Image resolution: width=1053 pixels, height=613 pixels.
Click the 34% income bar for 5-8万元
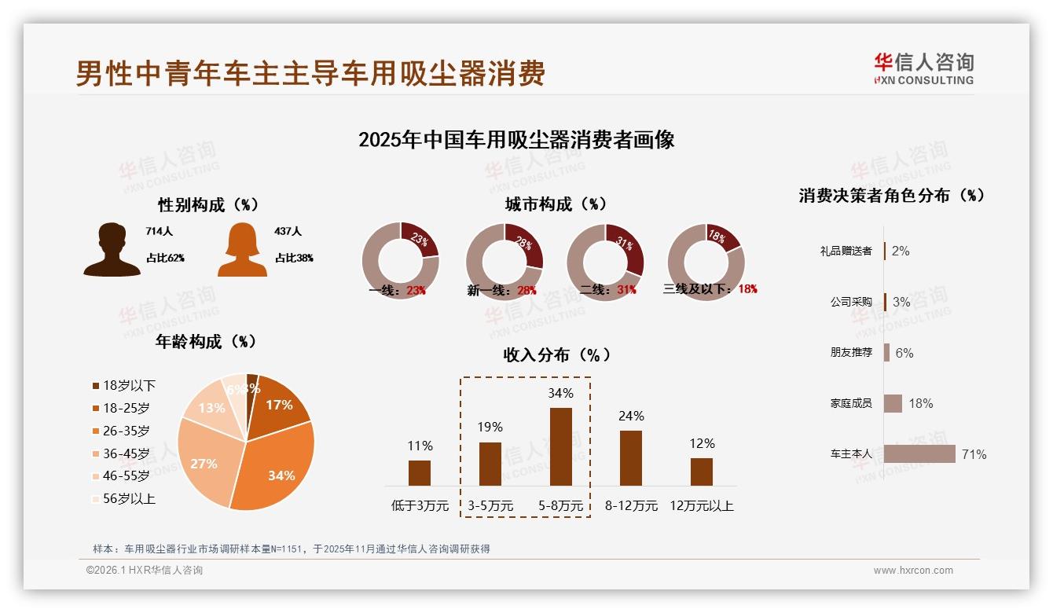[x=560, y=446]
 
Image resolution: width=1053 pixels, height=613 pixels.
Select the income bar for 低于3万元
[x=420, y=473]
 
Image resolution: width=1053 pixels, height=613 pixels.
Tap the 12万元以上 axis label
[x=701, y=506]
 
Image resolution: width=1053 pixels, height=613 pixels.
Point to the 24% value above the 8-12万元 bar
[x=631, y=416]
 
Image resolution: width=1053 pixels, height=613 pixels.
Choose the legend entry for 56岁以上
[x=124, y=498]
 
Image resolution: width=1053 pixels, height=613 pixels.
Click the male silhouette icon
[x=112, y=250]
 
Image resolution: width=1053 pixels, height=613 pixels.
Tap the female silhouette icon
[x=242, y=250]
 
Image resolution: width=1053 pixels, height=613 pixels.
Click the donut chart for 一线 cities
[x=401, y=261]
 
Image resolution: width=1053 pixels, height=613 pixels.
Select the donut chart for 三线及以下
[x=705, y=261]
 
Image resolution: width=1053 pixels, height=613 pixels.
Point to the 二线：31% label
[x=607, y=289]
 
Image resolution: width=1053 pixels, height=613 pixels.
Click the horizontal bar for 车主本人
[x=919, y=454]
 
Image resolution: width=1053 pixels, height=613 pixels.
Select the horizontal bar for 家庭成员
[x=893, y=403]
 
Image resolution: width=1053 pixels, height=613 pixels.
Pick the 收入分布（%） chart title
[x=556, y=354]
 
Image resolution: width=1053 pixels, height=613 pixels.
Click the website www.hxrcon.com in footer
[x=913, y=571]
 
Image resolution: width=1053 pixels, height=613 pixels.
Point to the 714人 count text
[x=159, y=232]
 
